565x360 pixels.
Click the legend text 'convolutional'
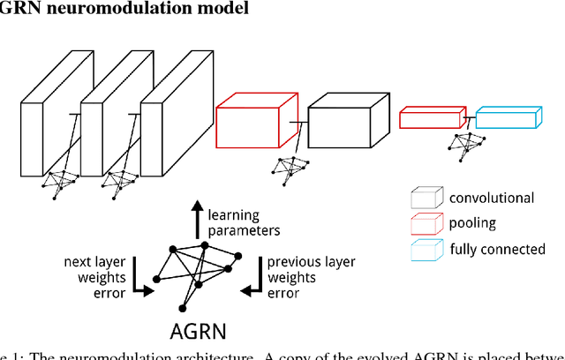coord(492,199)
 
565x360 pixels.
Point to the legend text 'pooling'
coord(472,224)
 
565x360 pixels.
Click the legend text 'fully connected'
coord(497,250)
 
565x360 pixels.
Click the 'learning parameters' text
coord(244,222)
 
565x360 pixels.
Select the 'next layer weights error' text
coord(99,276)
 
